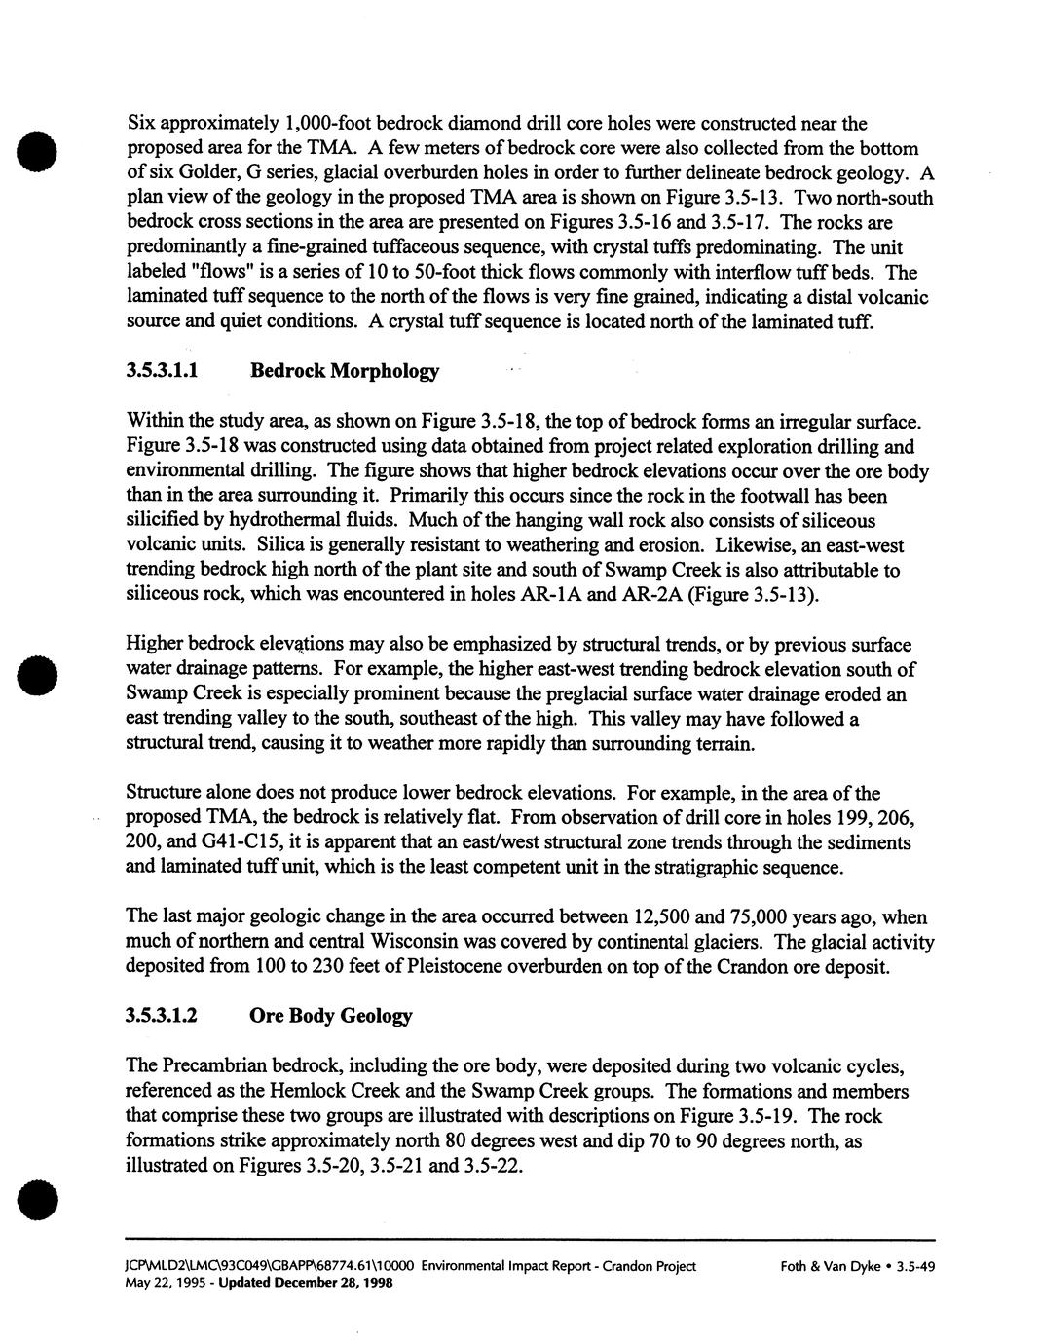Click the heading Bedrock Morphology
tap(345, 371)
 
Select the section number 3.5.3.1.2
tap(163, 1016)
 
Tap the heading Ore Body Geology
tap(331, 1016)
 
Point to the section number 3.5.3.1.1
tap(163, 371)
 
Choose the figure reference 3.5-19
tap(751, 1116)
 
